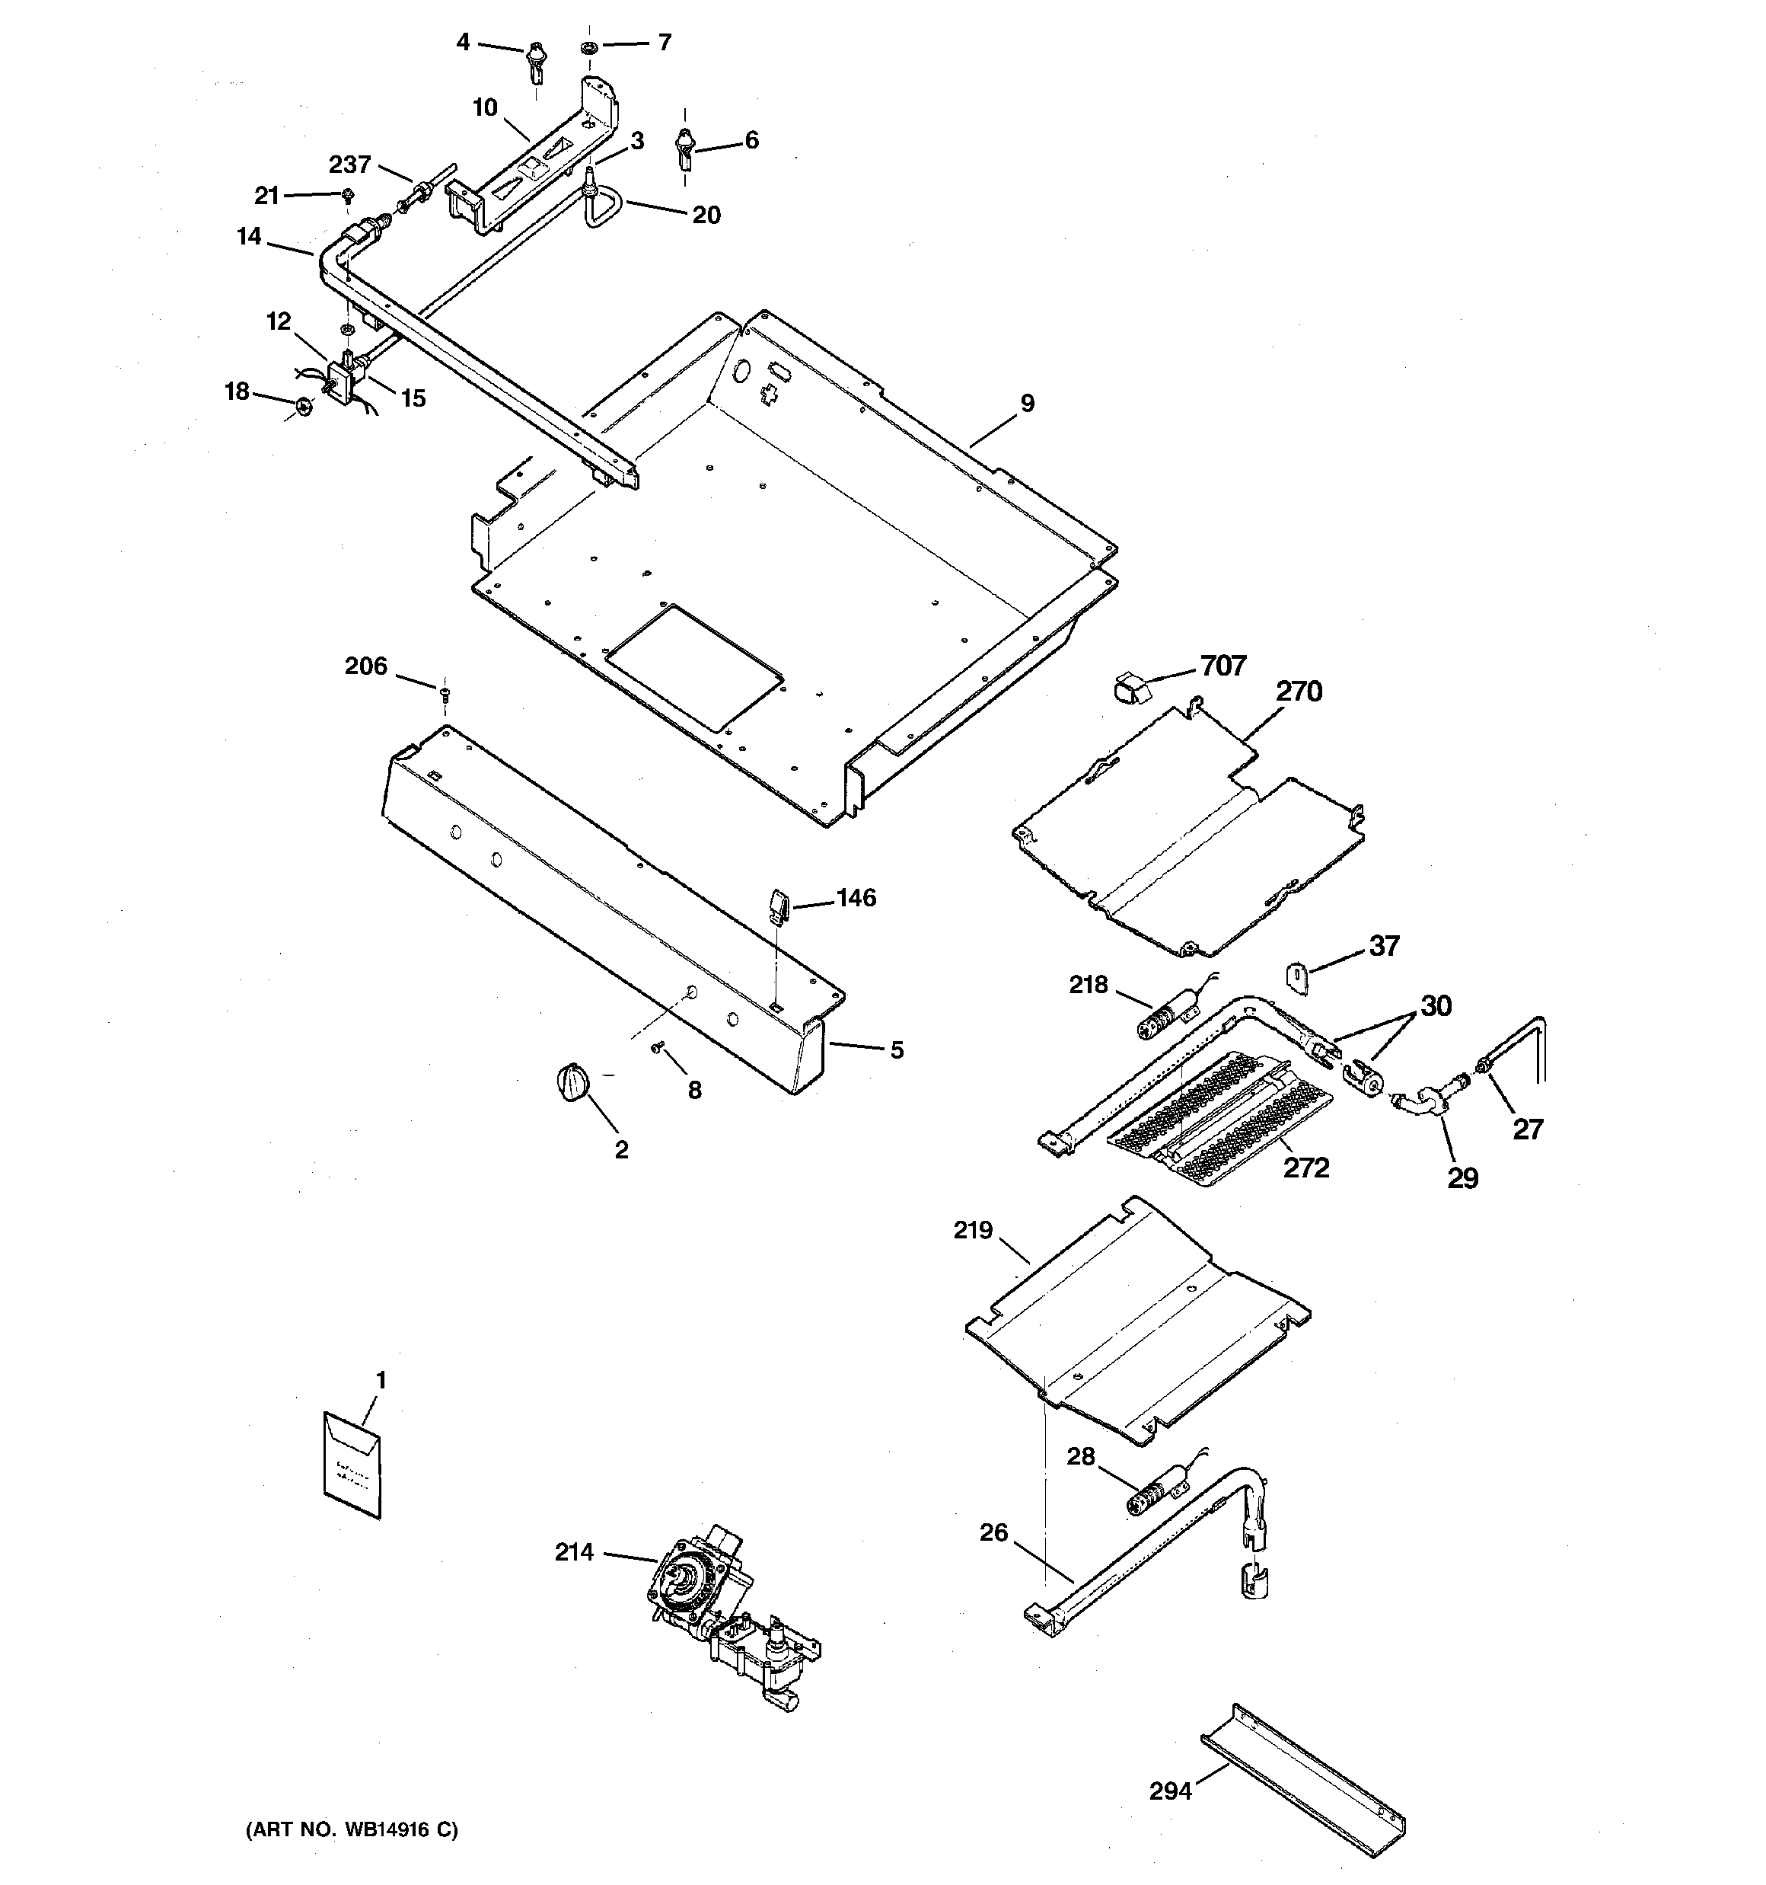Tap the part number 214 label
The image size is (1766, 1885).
573,1552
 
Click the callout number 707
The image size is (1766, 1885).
1222,666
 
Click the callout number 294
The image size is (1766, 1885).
1170,1791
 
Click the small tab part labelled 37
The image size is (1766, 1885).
1297,978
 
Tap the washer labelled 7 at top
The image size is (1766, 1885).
588,46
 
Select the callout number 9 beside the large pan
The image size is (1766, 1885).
1028,403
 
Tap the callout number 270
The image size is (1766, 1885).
1298,692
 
